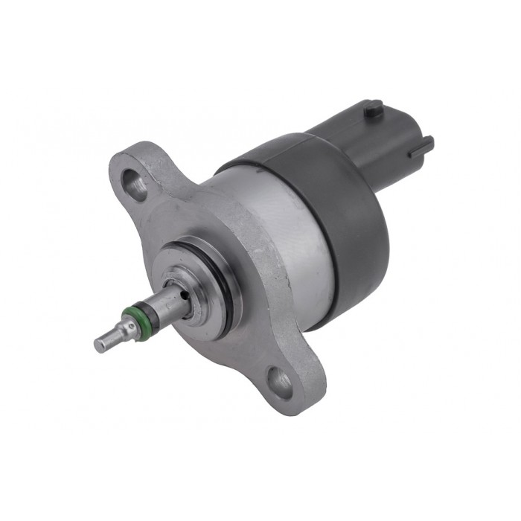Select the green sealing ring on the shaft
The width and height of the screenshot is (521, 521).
pyautogui.click(x=135, y=322)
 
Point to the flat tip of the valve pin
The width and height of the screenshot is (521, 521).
pyautogui.click(x=100, y=344)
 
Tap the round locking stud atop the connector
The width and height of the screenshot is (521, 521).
pyautogui.click(x=373, y=109)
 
